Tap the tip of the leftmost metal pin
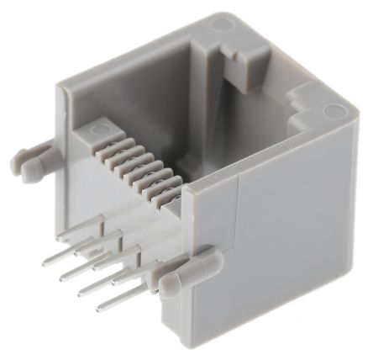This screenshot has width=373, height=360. pos(46,262)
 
